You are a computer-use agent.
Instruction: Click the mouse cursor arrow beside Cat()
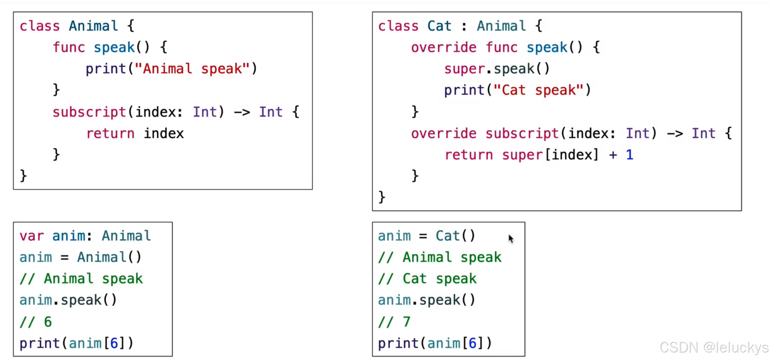click(511, 239)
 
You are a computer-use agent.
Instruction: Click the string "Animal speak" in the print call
click(192, 69)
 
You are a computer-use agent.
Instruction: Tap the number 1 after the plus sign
click(629, 155)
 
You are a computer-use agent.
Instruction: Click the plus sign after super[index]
click(613, 155)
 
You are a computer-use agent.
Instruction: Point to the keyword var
click(31, 236)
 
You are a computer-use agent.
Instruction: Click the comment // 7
click(394, 322)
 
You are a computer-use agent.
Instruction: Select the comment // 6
click(35, 322)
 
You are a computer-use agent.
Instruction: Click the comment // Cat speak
click(427, 279)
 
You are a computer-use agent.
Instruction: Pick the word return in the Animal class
click(110, 134)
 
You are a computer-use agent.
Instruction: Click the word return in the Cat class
click(469, 155)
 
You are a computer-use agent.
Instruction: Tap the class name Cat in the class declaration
click(439, 26)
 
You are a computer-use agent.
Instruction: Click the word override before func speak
click(443, 47)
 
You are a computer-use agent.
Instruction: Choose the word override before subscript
click(443, 134)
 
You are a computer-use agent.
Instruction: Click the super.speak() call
click(496, 69)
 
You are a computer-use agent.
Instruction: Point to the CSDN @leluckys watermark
click(713, 347)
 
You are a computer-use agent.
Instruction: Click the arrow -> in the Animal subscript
click(242, 112)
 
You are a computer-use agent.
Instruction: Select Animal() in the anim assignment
click(109, 257)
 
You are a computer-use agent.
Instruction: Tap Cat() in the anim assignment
click(455, 236)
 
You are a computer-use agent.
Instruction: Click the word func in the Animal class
click(69, 47)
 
